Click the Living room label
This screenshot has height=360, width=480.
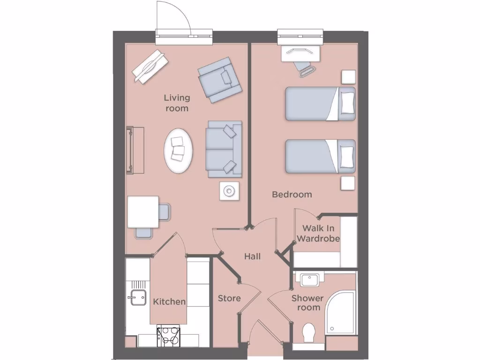coord(177,103)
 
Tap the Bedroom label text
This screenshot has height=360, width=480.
coord(292,194)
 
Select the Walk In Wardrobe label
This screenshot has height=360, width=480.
coord(318,233)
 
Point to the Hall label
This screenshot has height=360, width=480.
coord(252,256)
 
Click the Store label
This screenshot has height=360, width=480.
coord(229,298)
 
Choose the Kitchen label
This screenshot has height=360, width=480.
coord(169,301)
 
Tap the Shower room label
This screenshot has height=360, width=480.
coord(307,303)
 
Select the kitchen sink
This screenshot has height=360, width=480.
coord(138,297)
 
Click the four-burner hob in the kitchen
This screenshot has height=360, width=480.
coord(169,336)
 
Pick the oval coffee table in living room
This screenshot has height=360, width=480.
coord(178,151)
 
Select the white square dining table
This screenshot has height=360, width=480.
coord(143,211)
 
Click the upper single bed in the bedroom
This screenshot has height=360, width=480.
coord(320,104)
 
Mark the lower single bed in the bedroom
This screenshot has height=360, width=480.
coord(320,156)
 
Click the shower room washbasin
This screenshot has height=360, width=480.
coord(310,280)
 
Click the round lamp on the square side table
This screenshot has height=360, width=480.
coord(230,191)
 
